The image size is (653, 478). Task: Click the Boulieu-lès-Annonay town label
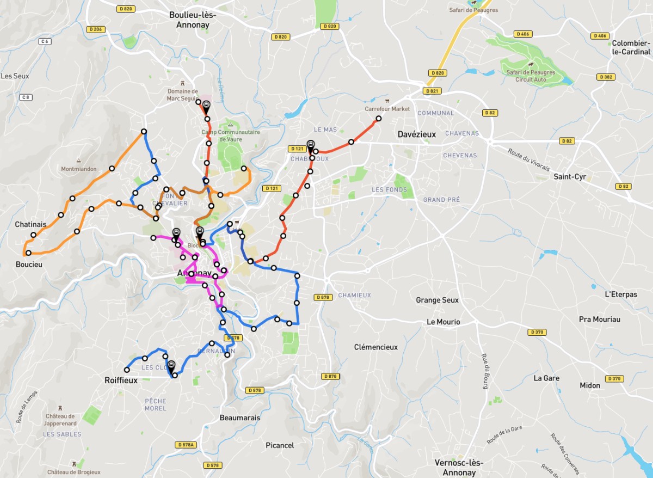click(x=193, y=20)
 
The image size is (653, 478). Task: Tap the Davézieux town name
click(x=417, y=134)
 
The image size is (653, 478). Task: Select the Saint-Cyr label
click(x=570, y=176)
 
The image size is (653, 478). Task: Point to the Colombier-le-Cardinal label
click(x=631, y=47)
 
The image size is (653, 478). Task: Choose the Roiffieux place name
click(x=121, y=381)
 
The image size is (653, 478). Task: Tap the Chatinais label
click(x=30, y=224)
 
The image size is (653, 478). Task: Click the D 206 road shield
click(x=95, y=29)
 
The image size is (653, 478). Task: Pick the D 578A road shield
click(x=186, y=445)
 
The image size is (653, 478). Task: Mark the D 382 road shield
click(x=606, y=77)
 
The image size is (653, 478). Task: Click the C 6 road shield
click(x=45, y=41)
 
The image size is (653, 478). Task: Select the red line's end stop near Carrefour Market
click(x=379, y=119)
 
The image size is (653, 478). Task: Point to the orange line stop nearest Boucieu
click(x=28, y=253)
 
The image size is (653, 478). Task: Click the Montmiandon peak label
click(x=79, y=169)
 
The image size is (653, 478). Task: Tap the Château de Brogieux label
click(x=73, y=472)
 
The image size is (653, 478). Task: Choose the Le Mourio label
click(x=443, y=322)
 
